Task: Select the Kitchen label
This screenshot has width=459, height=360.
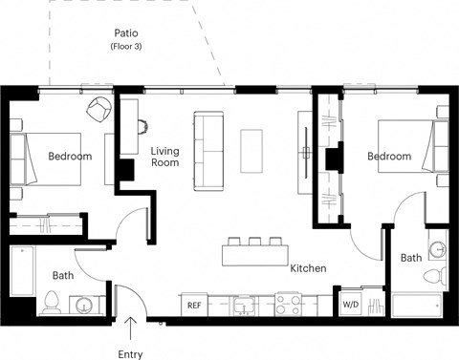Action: pos(308,268)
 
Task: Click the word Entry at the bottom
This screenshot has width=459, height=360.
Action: pos(129,354)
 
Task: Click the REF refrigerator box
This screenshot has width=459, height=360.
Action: pos(193,306)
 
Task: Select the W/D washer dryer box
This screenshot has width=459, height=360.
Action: pos(351,305)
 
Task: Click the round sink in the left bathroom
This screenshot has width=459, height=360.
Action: pos(85,307)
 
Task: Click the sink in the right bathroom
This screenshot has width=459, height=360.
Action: pos(437,250)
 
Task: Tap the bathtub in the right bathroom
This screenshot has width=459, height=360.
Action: pos(419,307)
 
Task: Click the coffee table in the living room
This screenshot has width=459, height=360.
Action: pos(251,151)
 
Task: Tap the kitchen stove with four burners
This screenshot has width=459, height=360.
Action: pos(288,305)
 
